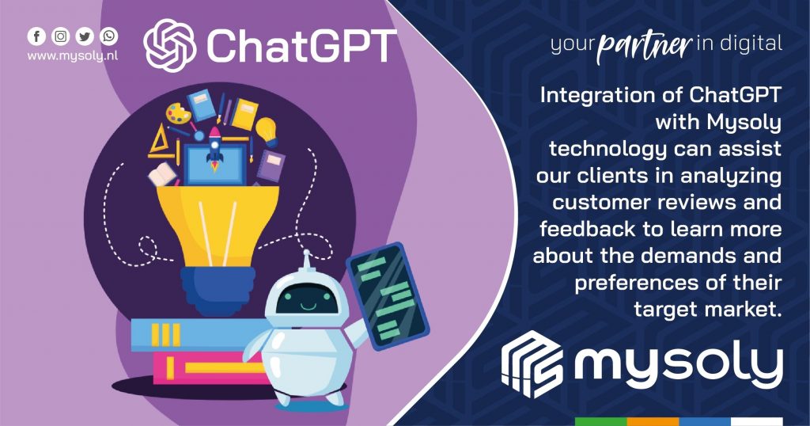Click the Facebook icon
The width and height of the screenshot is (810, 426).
[36, 36]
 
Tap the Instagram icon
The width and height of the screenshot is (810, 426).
[61, 36]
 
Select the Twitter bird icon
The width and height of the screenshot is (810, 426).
[85, 36]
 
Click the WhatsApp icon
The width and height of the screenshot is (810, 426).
[109, 36]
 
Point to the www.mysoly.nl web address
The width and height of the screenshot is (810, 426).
[73, 56]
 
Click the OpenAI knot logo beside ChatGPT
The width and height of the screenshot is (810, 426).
[170, 44]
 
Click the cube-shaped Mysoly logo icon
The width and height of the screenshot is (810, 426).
[532, 364]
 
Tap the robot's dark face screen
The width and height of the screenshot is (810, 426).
[307, 300]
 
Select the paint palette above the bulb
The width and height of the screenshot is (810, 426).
[178, 113]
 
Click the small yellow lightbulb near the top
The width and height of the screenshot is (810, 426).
[267, 131]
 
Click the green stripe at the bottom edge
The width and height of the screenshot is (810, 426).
[601, 421]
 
